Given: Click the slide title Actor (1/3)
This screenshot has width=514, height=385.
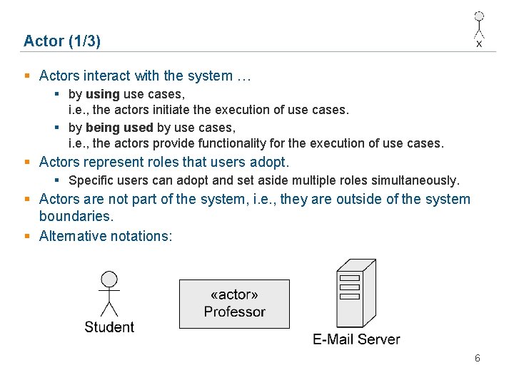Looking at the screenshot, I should tap(62, 41).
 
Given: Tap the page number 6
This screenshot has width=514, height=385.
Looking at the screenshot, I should tap(478, 358).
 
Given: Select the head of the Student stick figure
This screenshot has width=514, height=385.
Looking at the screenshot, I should tap(109, 278).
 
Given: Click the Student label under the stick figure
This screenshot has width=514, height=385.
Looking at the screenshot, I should tap(109, 327).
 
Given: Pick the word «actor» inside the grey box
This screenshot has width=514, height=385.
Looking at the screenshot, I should tap(234, 295).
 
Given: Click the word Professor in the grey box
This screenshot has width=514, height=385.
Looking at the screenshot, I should tap(234, 312).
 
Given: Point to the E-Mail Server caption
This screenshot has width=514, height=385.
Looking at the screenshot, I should tap(356, 339).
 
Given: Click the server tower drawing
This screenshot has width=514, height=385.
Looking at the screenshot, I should tap(356, 293).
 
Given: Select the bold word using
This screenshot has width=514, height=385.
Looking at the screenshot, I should tap(103, 94).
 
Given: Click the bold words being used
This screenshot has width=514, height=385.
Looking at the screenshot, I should tap(119, 128).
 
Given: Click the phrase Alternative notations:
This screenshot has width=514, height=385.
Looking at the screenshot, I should tap(106, 236).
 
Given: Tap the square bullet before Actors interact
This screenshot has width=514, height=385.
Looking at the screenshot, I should tap(27, 76).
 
